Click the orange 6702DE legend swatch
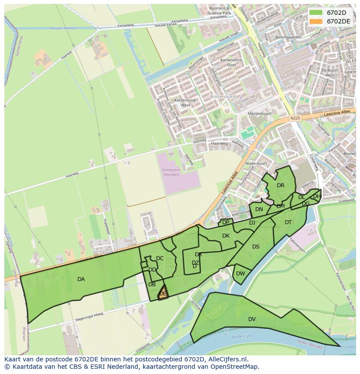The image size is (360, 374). [316, 21]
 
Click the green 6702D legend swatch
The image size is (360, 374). [316, 13]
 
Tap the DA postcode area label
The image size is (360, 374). [81, 279]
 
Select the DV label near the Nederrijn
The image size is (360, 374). [252, 319]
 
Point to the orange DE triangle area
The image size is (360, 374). [163, 294]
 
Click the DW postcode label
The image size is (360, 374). [240, 274]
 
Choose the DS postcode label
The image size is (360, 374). [256, 247]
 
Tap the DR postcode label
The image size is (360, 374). [280, 185]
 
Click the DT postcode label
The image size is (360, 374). [288, 222]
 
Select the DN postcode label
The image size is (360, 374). [259, 209]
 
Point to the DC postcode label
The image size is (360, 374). [160, 258]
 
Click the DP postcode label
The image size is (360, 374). [226, 222]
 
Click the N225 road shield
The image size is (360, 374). [295, 118]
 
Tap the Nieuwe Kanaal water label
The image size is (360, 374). [63, 28]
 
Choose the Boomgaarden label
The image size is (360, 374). [289, 37]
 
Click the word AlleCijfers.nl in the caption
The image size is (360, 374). [227, 359]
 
